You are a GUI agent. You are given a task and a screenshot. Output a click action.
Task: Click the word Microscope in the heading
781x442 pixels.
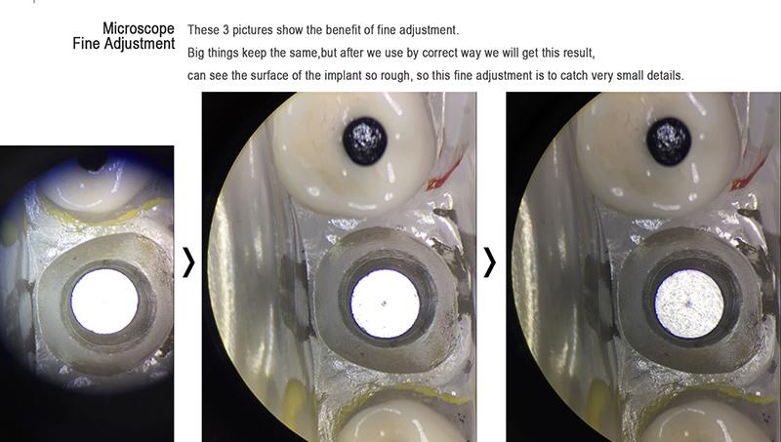tap(139, 29)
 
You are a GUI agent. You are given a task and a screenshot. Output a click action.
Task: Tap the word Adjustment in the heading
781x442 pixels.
tap(142, 44)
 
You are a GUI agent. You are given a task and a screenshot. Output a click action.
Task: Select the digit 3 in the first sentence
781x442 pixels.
tap(226, 30)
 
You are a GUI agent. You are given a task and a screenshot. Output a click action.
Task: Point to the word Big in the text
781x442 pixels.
tap(196, 53)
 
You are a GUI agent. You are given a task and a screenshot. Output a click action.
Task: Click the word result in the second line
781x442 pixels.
tap(578, 53)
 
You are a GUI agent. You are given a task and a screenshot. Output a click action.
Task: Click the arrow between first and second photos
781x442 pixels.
tap(188, 262)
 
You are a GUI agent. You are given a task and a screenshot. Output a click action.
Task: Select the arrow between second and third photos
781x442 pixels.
tap(490, 262)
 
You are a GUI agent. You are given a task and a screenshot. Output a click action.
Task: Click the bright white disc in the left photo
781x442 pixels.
tap(104, 301)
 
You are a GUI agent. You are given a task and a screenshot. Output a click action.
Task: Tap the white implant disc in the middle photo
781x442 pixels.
tap(385, 303)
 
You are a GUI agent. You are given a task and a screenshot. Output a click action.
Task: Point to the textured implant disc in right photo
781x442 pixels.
tap(689, 303)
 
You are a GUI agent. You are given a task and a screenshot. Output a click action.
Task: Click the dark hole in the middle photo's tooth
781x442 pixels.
tap(365, 141)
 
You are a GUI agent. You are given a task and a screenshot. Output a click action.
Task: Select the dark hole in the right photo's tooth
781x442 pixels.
tap(669, 141)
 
